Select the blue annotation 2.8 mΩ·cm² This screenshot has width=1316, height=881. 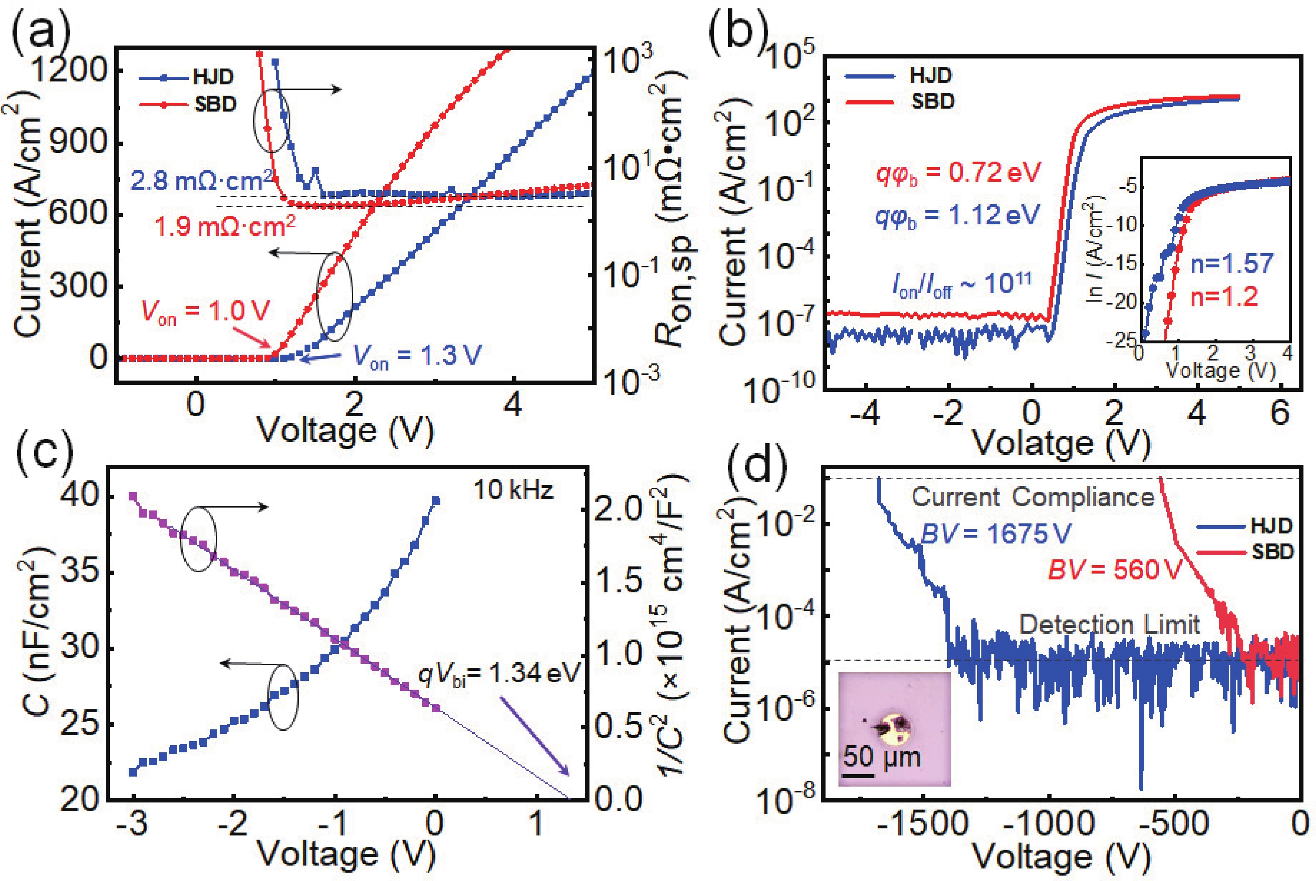click(x=201, y=181)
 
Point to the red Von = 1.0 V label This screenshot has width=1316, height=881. click(x=205, y=312)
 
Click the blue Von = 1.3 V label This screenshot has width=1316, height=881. click(x=417, y=355)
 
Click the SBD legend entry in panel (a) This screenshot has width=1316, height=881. click(x=215, y=104)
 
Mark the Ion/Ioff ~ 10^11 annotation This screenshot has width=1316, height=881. click(x=961, y=285)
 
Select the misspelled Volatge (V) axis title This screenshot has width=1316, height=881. click(x=1061, y=444)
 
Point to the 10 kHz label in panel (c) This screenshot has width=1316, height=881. click(x=513, y=490)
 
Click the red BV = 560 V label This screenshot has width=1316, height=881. click(x=1115, y=570)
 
